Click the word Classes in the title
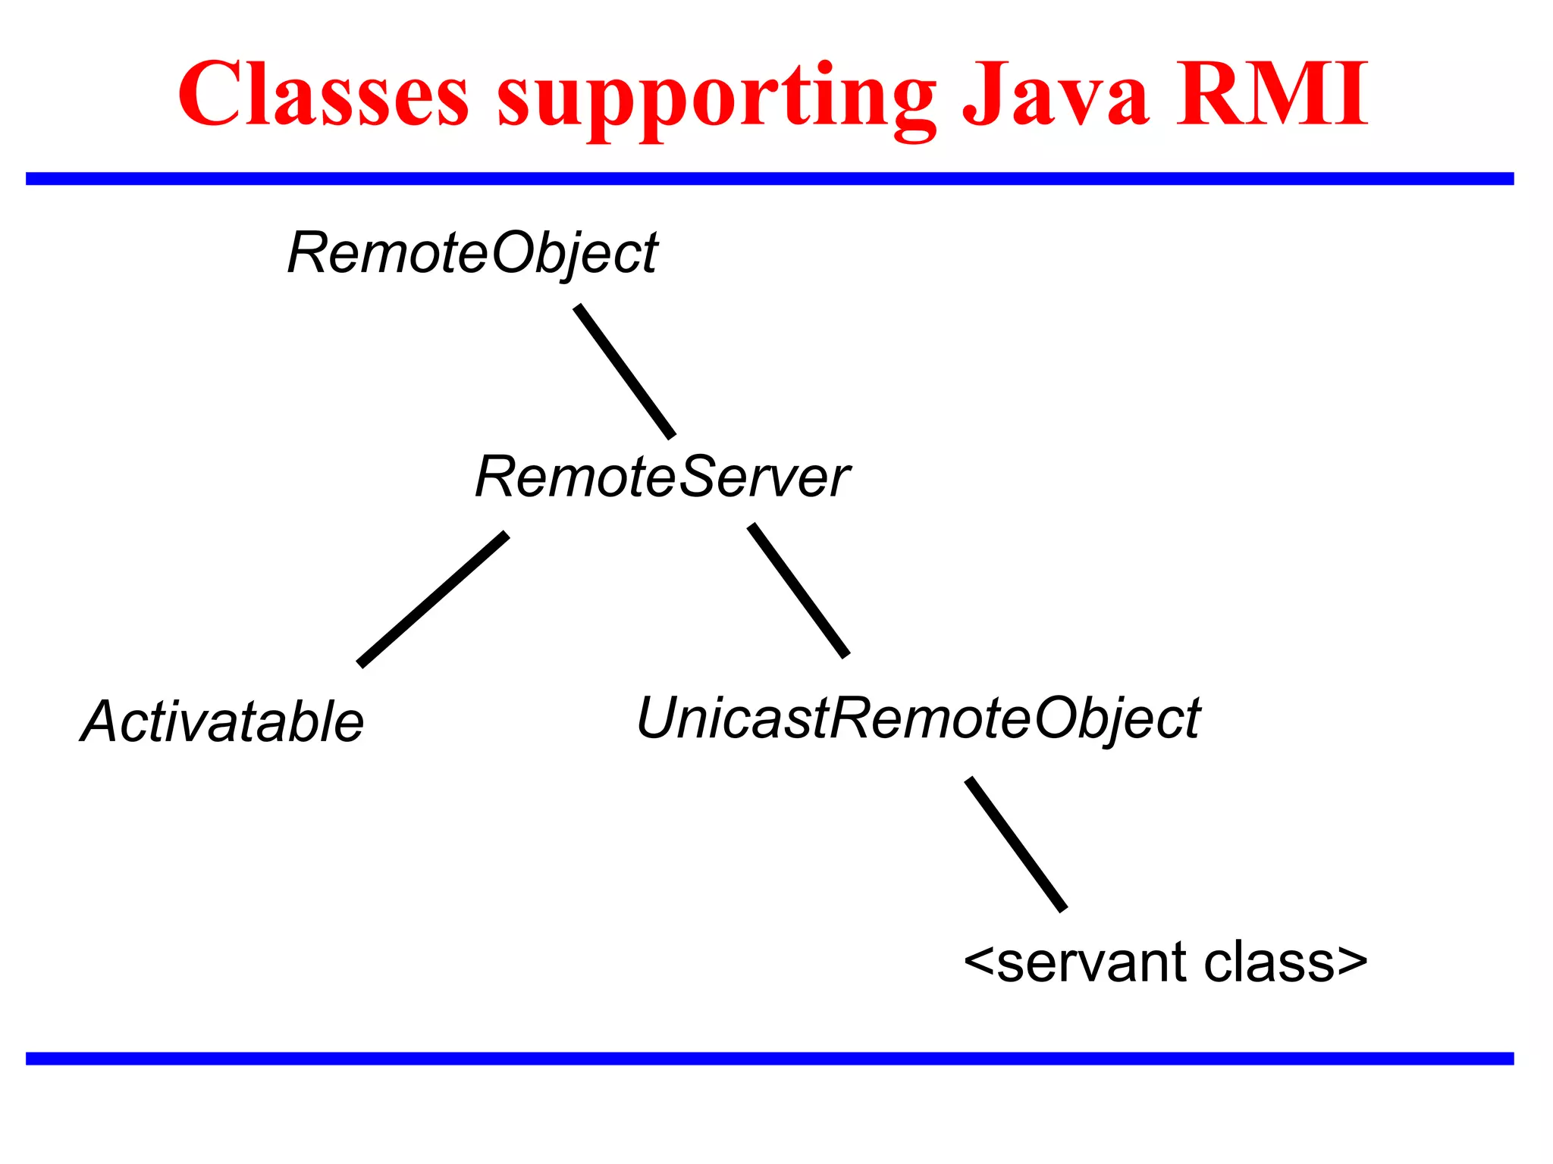pyautogui.click(x=324, y=95)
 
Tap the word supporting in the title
pyautogui.click(x=717, y=99)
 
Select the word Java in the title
pyautogui.click(x=1054, y=95)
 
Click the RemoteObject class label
pyautogui.click(x=472, y=254)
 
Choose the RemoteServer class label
pyautogui.click(x=661, y=477)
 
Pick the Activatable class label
pyautogui.click(x=222, y=721)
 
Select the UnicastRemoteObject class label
pyautogui.click(x=918, y=718)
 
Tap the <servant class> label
pyautogui.click(x=1165, y=962)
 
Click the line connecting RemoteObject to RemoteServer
pyautogui.click(x=625, y=371)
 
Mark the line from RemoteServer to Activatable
pyautogui.click(x=433, y=599)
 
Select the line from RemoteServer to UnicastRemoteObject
pyautogui.click(x=798, y=590)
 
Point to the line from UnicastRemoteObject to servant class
pyautogui.click(x=1016, y=844)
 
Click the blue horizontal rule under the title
pyautogui.click(x=770, y=179)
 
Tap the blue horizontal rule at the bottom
pyautogui.click(x=770, y=1059)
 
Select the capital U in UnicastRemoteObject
pyautogui.click(x=657, y=717)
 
